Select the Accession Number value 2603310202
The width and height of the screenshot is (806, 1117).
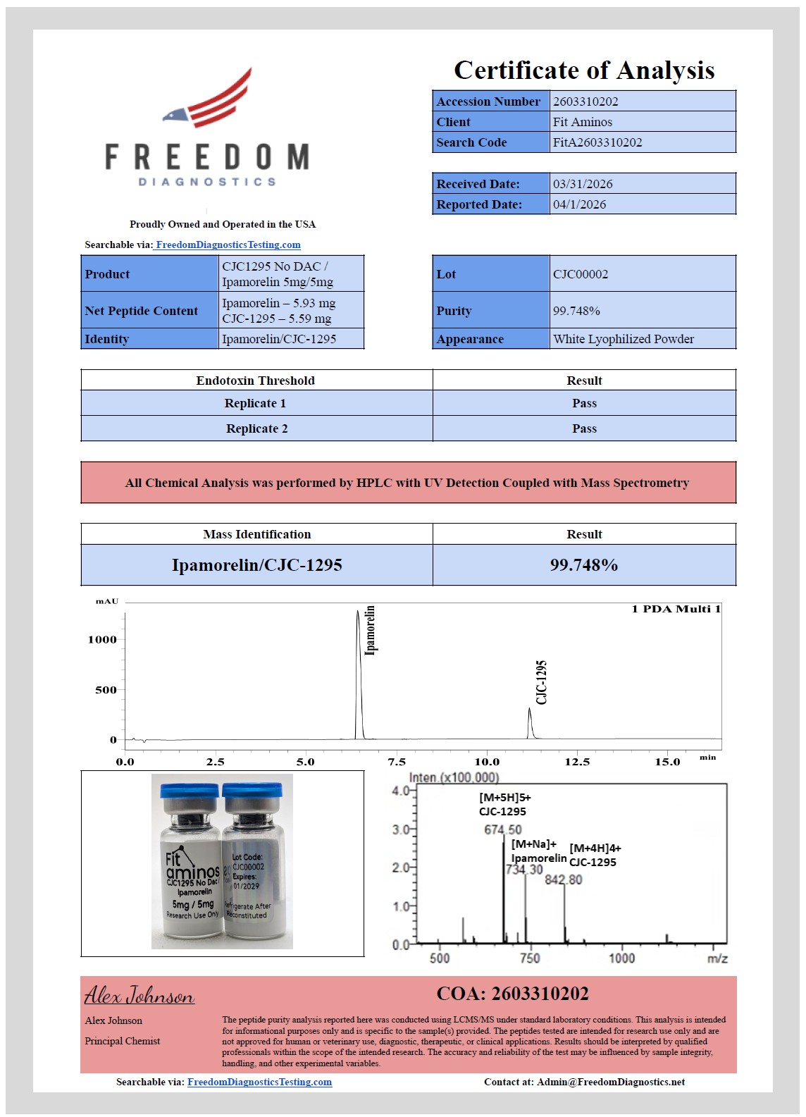tap(585, 101)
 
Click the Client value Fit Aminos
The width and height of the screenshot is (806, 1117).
tap(583, 122)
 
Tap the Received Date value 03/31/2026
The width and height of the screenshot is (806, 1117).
tap(583, 184)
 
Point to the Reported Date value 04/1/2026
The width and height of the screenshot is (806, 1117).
tap(579, 204)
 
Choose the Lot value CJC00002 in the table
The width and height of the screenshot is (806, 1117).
tap(581, 274)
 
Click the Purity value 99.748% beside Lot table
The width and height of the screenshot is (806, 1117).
tap(576, 311)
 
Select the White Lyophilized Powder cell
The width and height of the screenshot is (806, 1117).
tap(624, 339)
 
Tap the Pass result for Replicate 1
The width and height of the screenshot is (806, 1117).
tap(584, 403)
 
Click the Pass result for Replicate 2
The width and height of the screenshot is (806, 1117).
tap(584, 428)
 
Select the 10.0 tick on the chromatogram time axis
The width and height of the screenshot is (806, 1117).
tap(487, 762)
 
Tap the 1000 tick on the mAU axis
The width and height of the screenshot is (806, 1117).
tap(102, 640)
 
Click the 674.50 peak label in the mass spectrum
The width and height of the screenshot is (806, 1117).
tap(502, 830)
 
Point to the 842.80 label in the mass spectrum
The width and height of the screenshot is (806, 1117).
tap(564, 880)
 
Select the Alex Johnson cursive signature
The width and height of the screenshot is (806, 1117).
tap(139, 996)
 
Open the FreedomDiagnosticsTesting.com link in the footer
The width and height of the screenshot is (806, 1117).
tap(259, 1082)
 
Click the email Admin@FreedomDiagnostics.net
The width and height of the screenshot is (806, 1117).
tap(610, 1082)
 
